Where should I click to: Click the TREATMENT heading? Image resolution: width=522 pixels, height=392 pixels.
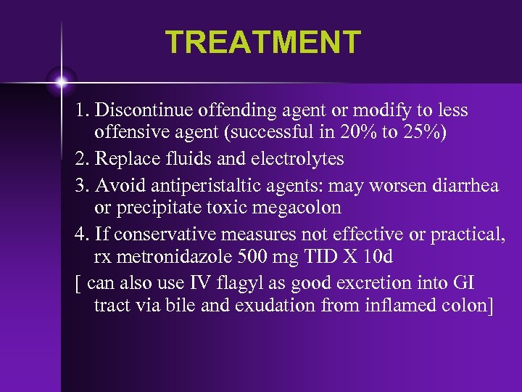pos(262,42)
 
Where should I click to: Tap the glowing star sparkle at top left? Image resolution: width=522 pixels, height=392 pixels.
pos(61,79)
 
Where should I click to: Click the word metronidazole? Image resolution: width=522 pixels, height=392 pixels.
pos(175,258)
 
